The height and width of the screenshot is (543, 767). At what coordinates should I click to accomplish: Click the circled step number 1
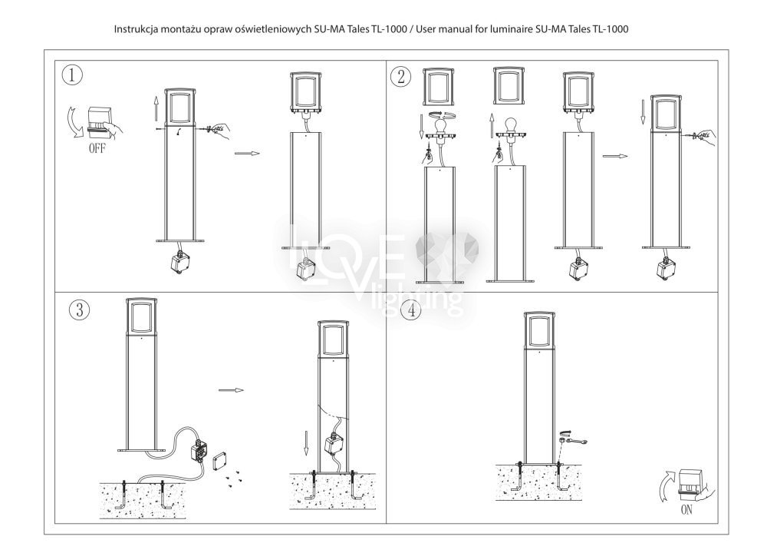pos(72,75)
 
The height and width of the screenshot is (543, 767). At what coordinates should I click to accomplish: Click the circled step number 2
pos(401,76)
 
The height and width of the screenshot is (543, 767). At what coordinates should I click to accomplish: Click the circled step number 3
pos(79,310)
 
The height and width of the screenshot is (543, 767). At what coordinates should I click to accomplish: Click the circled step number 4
pos(411,310)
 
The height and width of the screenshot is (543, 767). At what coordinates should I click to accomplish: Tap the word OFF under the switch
pos(97,148)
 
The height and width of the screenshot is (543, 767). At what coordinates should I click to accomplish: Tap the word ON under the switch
pos(686,510)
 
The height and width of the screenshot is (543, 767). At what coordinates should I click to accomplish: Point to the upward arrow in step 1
pos(156,108)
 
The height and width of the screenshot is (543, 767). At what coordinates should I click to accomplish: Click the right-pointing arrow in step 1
pos(247,154)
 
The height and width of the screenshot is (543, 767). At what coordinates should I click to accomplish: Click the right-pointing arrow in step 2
pos(615,156)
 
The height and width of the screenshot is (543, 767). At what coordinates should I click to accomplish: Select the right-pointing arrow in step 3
pos(231,390)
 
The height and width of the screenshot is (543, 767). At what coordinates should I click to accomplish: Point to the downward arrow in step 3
pos(306,442)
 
